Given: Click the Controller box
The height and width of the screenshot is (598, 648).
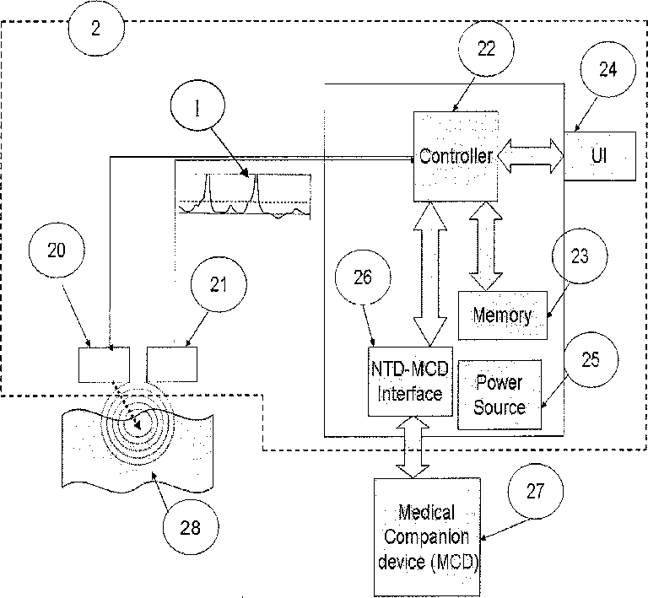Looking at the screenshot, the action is pyautogui.click(x=456, y=156).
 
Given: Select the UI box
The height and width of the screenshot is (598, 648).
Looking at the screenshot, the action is pyautogui.click(x=600, y=156).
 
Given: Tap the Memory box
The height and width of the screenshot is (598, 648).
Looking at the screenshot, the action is pyautogui.click(x=503, y=315).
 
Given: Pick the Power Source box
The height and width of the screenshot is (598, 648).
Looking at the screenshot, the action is pyautogui.click(x=499, y=395).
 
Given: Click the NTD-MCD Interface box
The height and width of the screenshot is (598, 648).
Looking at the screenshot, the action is pyautogui.click(x=410, y=381).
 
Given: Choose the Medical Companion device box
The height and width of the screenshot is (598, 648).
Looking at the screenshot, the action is pyautogui.click(x=427, y=537).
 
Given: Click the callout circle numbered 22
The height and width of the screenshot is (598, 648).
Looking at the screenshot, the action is pyautogui.click(x=486, y=49).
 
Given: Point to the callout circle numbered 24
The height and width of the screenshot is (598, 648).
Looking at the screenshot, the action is pyautogui.click(x=607, y=69).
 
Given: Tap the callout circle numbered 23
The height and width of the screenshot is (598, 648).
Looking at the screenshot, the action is pyautogui.click(x=580, y=256).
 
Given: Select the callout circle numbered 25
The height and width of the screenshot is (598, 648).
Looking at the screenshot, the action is pyautogui.click(x=591, y=359).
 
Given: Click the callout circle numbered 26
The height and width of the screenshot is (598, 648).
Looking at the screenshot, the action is pyautogui.click(x=363, y=277).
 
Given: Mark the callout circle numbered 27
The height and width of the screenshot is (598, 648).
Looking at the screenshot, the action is pyautogui.click(x=536, y=491).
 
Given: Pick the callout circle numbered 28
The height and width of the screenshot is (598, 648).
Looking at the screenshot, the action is pyautogui.click(x=191, y=527).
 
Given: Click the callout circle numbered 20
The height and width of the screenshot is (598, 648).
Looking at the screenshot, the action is pyautogui.click(x=57, y=251).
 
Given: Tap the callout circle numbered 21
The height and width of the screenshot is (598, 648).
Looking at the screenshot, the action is pyautogui.click(x=219, y=284).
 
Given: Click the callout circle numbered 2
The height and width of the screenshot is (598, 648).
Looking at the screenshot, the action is pyautogui.click(x=96, y=28).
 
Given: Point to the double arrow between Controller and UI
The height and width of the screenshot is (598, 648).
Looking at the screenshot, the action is pyautogui.click(x=531, y=156).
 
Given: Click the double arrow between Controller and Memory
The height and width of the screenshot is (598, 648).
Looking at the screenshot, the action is pyautogui.click(x=486, y=246).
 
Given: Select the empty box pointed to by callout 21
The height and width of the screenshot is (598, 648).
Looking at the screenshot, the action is pyautogui.click(x=172, y=364).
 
